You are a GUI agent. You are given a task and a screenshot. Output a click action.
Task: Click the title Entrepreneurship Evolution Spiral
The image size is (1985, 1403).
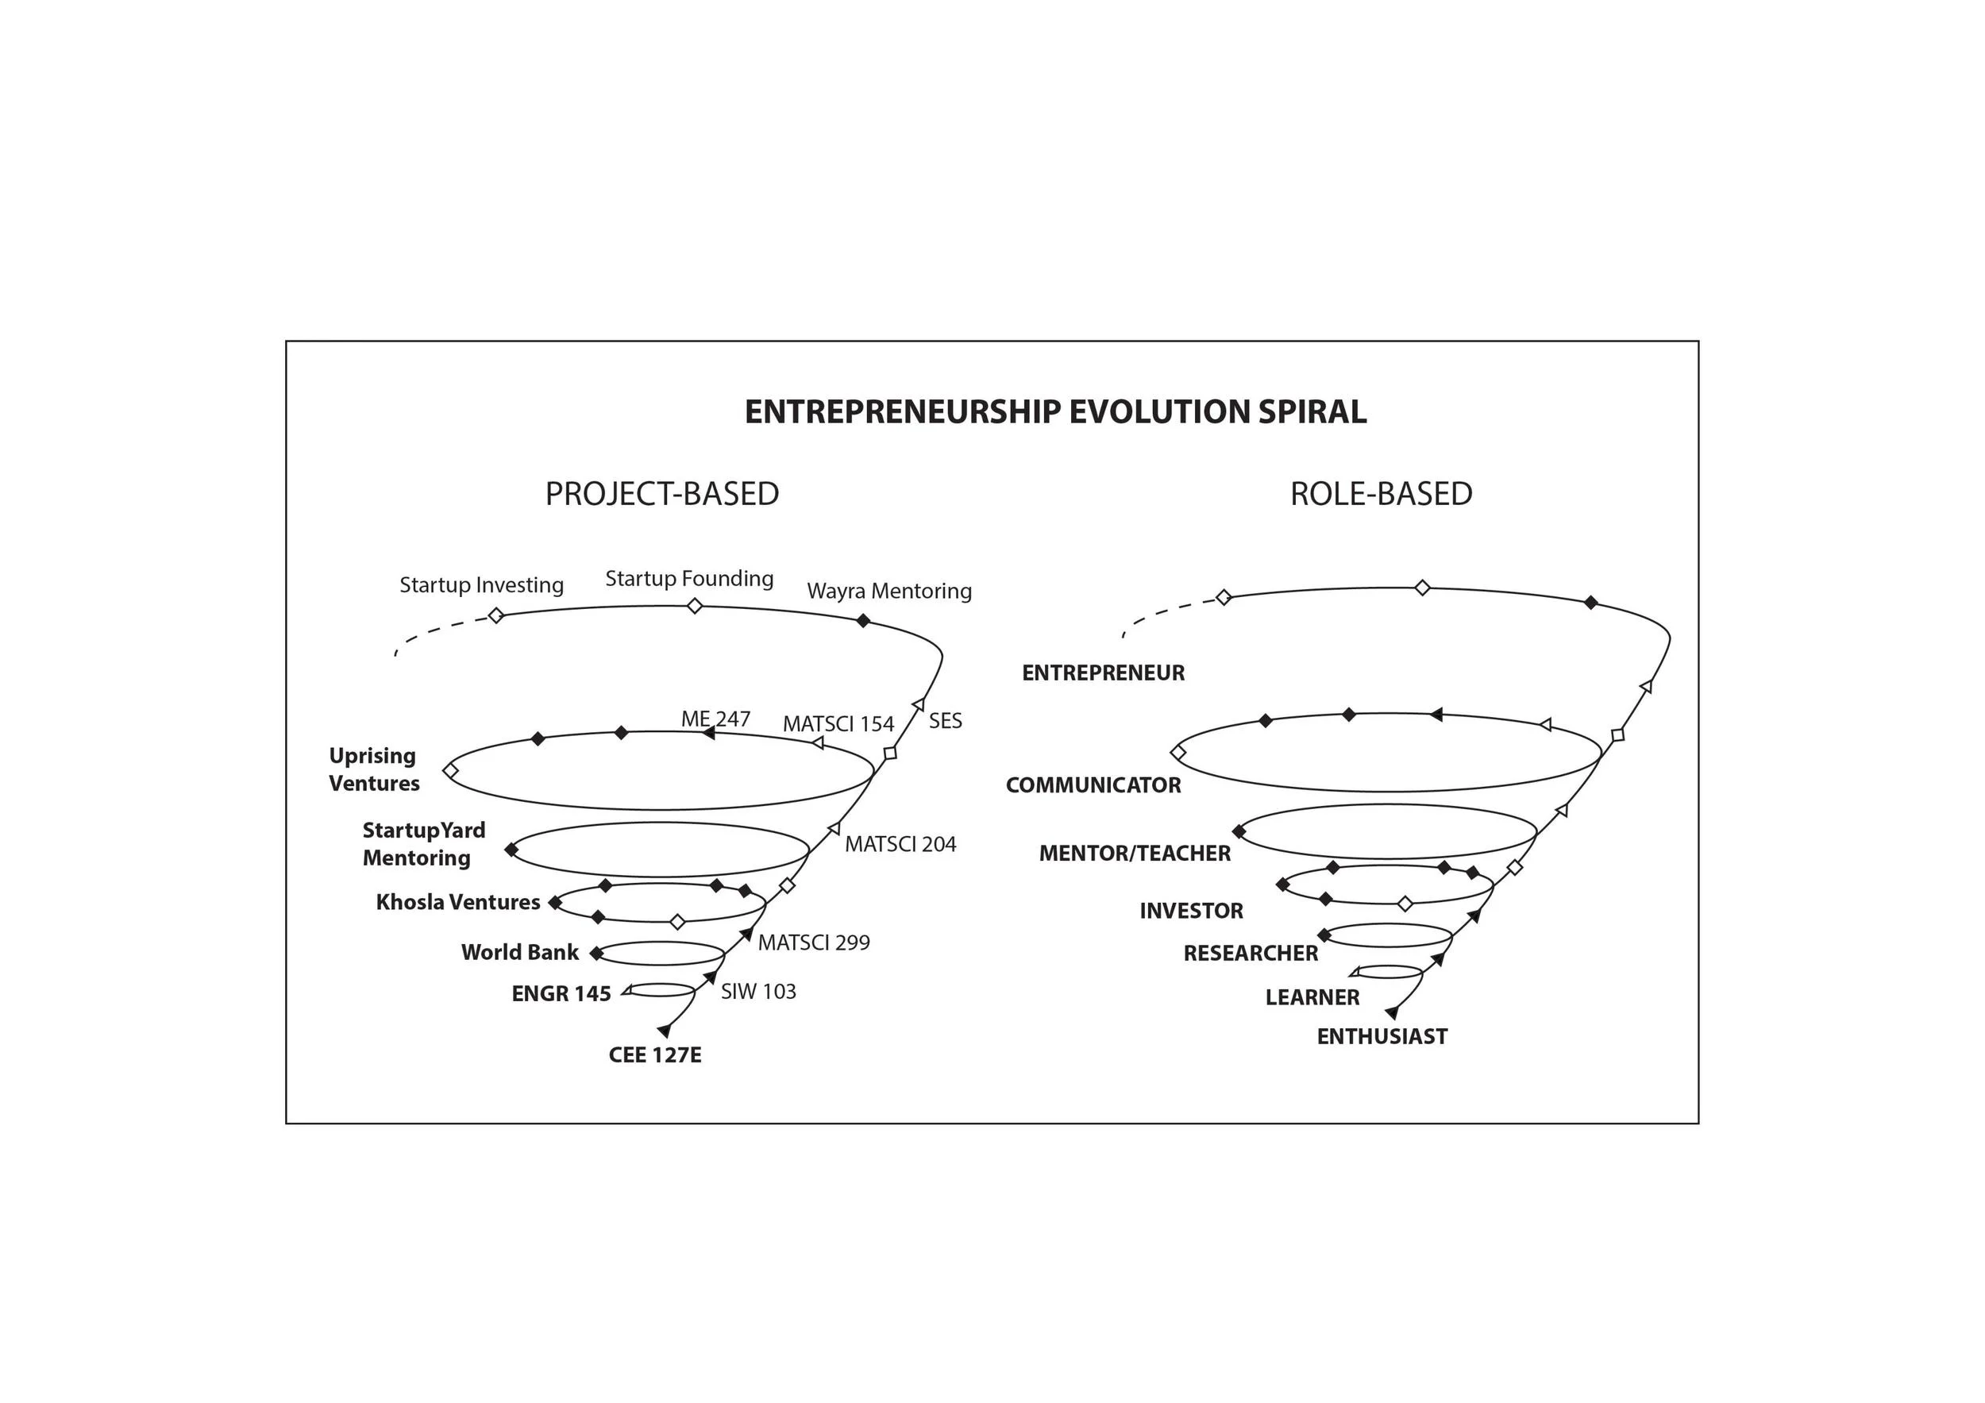(x=1054, y=412)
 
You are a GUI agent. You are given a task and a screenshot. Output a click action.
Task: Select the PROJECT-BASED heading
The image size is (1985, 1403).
(x=661, y=495)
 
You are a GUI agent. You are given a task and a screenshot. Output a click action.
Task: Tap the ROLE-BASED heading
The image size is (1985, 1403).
(x=1381, y=495)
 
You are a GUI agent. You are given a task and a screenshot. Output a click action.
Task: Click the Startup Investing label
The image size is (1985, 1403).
(x=480, y=585)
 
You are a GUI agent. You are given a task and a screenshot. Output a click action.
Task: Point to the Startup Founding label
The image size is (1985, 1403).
(x=689, y=578)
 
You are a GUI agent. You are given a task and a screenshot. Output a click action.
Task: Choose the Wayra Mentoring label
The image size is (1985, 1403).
(x=888, y=592)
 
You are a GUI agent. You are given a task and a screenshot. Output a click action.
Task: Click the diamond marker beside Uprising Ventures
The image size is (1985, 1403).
(x=450, y=769)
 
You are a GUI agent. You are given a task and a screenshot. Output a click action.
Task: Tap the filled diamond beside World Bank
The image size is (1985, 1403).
(x=595, y=954)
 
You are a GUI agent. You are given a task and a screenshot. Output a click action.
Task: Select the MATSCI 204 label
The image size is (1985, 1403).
(x=900, y=845)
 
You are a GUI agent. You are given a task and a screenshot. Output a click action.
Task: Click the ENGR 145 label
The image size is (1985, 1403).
(x=561, y=994)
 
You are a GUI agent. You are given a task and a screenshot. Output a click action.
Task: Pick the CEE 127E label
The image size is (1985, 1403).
(x=654, y=1055)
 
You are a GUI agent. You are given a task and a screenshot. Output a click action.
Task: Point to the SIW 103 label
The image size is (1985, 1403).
(x=758, y=992)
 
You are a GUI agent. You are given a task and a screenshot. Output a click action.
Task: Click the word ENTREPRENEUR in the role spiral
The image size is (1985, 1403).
(x=1103, y=673)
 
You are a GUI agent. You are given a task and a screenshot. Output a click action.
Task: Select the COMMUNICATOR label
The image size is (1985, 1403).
(x=1093, y=786)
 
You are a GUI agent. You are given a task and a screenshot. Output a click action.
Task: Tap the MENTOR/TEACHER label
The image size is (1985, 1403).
(x=1135, y=854)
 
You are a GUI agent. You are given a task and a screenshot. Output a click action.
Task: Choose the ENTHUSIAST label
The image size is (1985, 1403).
(x=1382, y=1036)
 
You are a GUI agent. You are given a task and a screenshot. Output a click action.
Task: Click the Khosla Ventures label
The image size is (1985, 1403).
(x=457, y=903)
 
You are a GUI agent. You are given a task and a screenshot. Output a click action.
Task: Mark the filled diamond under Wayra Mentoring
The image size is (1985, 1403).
(x=863, y=621)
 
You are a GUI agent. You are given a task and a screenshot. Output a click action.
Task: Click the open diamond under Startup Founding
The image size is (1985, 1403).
(x=694, y=606)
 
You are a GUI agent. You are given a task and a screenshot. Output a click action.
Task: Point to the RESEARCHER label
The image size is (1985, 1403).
(x=1250, y=954)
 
